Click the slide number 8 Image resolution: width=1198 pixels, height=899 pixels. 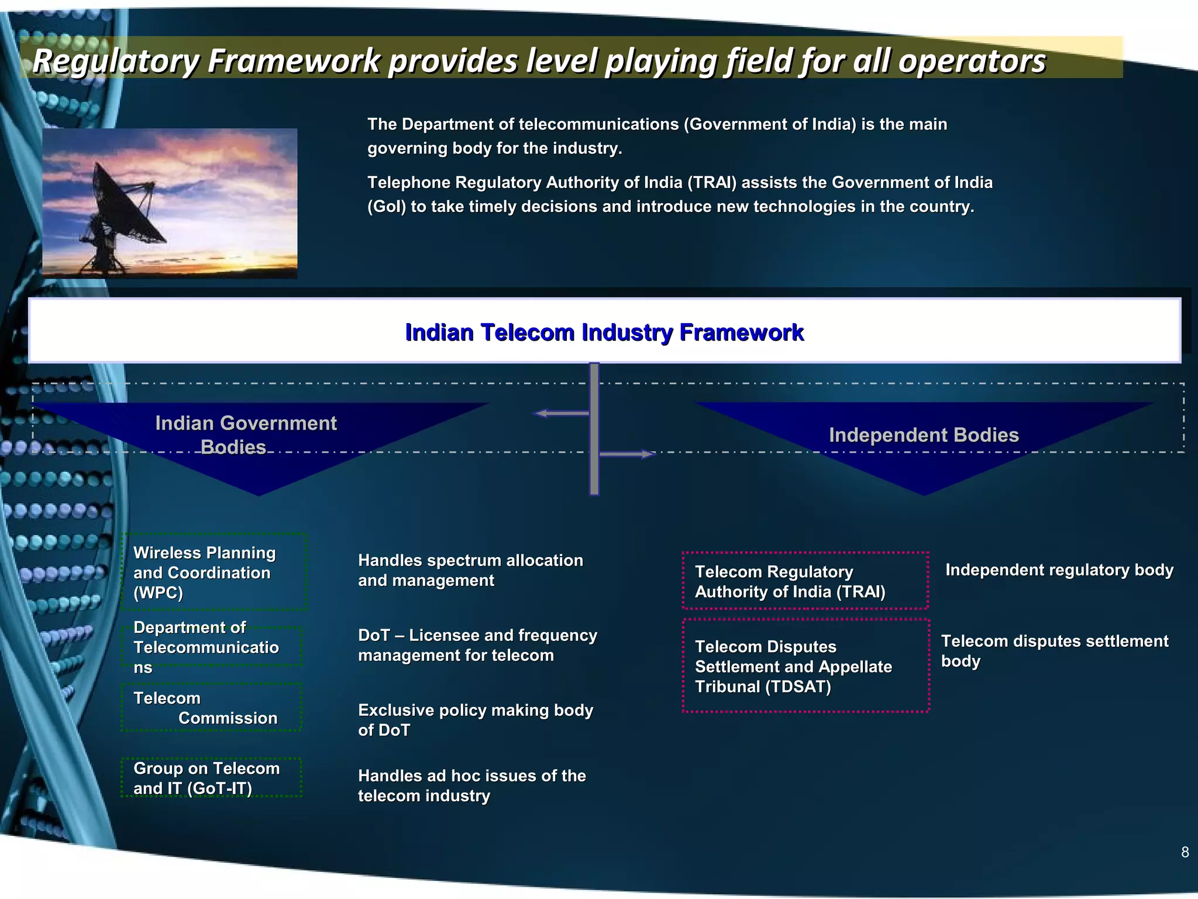coord(1185,852)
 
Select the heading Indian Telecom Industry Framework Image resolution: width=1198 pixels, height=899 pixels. coord(604,332)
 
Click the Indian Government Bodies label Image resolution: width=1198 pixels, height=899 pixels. coord(246,435)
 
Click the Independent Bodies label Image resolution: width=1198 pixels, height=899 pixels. coord(924,435)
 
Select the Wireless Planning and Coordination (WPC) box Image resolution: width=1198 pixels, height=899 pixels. coord(214,572)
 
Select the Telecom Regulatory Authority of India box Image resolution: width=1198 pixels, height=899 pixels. coord(805,581)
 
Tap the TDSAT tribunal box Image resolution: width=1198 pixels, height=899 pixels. coord(805,666)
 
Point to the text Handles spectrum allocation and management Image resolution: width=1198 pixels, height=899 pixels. coord(470,570)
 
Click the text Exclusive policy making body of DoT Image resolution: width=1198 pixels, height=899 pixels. coord(475,720)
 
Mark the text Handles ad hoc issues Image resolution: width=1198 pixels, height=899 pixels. coord(471,785)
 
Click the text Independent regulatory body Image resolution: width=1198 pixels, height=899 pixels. coord(1059,570)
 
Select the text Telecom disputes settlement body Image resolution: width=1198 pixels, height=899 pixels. coord(1054,651)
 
